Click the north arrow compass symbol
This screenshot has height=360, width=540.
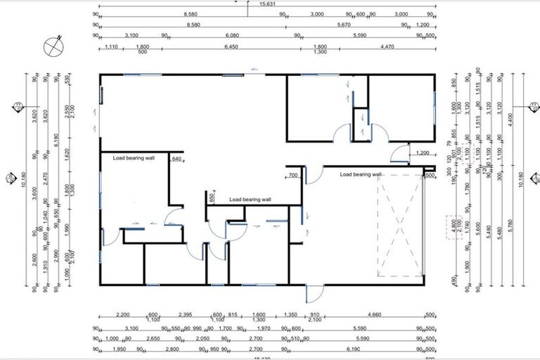click(x=52, y=46)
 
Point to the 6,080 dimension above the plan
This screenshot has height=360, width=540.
click(x=233, y=34)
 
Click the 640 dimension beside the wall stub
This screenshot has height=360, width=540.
click(x=176, y=159)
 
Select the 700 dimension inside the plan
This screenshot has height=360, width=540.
click(x=293, y=174)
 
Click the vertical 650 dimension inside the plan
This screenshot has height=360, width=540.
click(x=212, y=198)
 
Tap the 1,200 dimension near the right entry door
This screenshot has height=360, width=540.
click(x=423, y=153)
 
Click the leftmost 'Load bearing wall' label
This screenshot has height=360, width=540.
click(x=134, y=158)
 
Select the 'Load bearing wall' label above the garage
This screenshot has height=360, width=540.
click(x=361, y=174)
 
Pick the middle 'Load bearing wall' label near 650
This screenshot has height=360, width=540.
click(x=250, y=200)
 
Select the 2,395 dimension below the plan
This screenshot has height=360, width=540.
click(x=186, y=316)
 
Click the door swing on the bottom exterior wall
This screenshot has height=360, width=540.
click(x=314, y=294)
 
